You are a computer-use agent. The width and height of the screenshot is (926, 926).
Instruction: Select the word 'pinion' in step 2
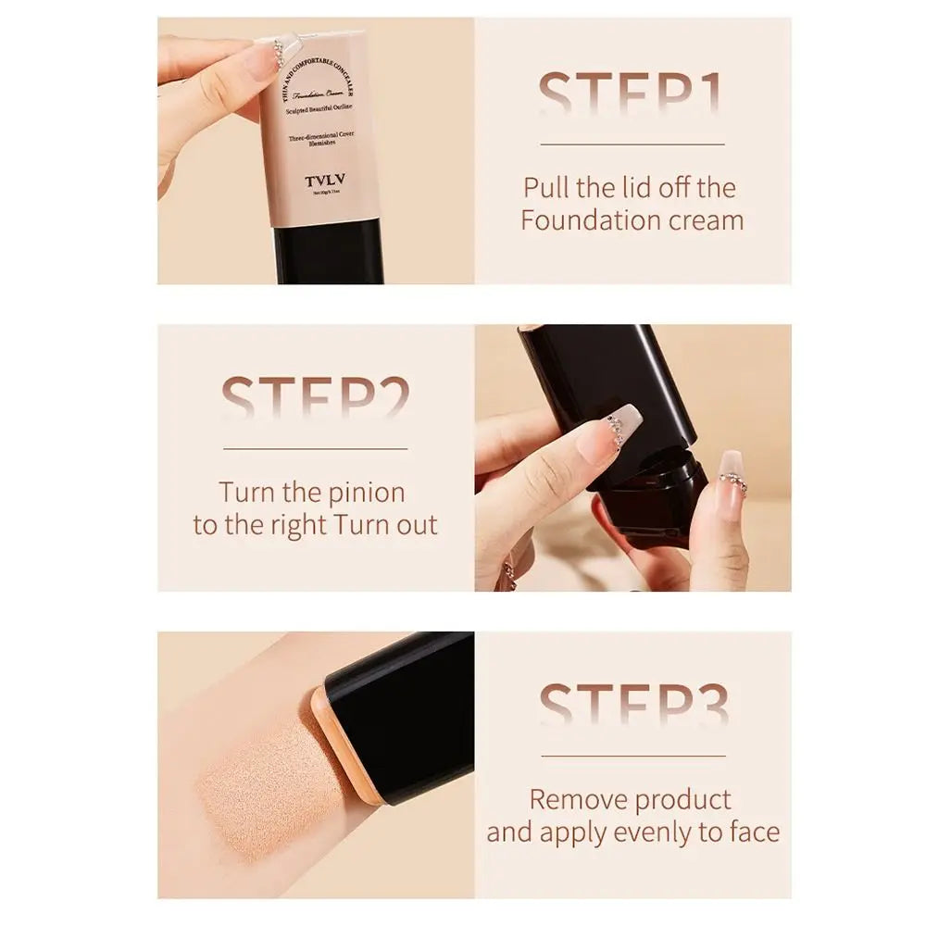tap(363, 492)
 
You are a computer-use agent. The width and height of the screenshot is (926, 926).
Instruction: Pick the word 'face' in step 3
tap(750, 832)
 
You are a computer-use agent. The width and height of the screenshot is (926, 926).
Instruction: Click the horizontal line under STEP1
tap(632, 144)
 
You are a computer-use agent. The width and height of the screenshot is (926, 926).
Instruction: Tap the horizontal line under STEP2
tap(315, 449)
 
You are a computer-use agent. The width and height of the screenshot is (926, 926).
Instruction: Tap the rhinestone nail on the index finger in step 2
tap(611, 429)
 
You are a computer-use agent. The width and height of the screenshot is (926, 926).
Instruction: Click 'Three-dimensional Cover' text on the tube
tap(319, 138)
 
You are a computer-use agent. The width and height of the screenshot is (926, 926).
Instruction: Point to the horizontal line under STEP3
tap(633, 756)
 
